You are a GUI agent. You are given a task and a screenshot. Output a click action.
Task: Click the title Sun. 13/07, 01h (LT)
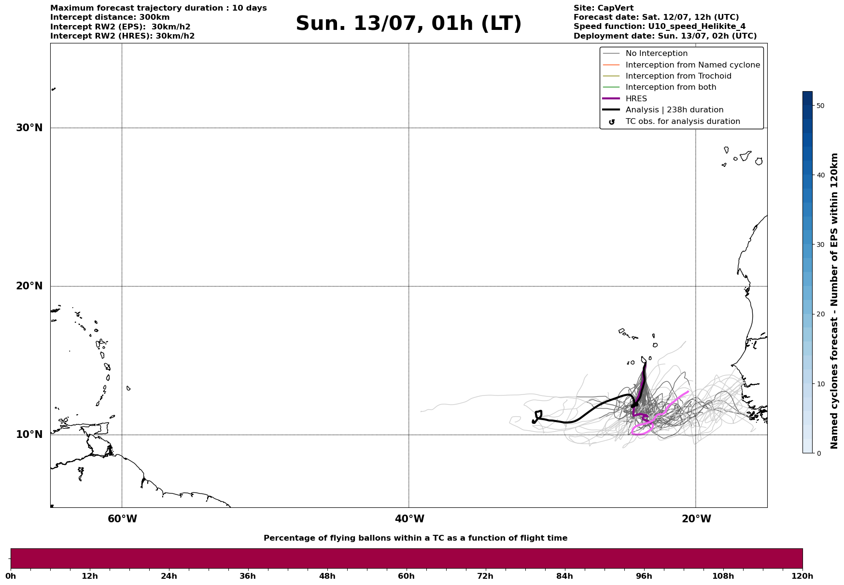point(408,24)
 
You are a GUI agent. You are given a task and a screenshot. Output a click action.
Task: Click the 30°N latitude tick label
point(29,128)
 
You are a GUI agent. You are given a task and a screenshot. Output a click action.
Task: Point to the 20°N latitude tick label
point(29,286)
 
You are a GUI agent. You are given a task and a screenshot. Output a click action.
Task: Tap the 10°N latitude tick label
point(29,435)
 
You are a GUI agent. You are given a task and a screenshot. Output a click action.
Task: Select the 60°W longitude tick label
point(122,519)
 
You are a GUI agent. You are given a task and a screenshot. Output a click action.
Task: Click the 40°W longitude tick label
point(409,519)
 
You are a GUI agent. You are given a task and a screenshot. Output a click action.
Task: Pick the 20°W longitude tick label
point(696,519)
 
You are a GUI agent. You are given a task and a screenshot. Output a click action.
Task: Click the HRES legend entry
point(636,99)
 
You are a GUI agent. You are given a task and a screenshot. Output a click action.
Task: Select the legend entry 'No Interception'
point(656,54)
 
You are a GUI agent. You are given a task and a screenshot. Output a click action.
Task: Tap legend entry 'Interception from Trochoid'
point(678,76)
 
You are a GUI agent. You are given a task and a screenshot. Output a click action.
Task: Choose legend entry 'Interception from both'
point(671,87)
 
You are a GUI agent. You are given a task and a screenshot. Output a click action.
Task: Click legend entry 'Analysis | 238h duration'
point(674,110)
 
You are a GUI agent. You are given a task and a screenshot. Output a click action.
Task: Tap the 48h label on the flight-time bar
point(327,576)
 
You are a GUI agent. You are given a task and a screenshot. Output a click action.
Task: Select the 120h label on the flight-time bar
point(802,576)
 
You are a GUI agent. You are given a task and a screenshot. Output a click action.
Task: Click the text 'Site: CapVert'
point(603,8)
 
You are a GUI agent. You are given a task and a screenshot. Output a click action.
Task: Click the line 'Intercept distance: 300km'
point(110,17)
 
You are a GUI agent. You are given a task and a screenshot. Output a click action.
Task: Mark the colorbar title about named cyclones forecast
point(834,301)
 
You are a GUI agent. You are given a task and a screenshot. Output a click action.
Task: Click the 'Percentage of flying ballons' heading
point(415,538)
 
